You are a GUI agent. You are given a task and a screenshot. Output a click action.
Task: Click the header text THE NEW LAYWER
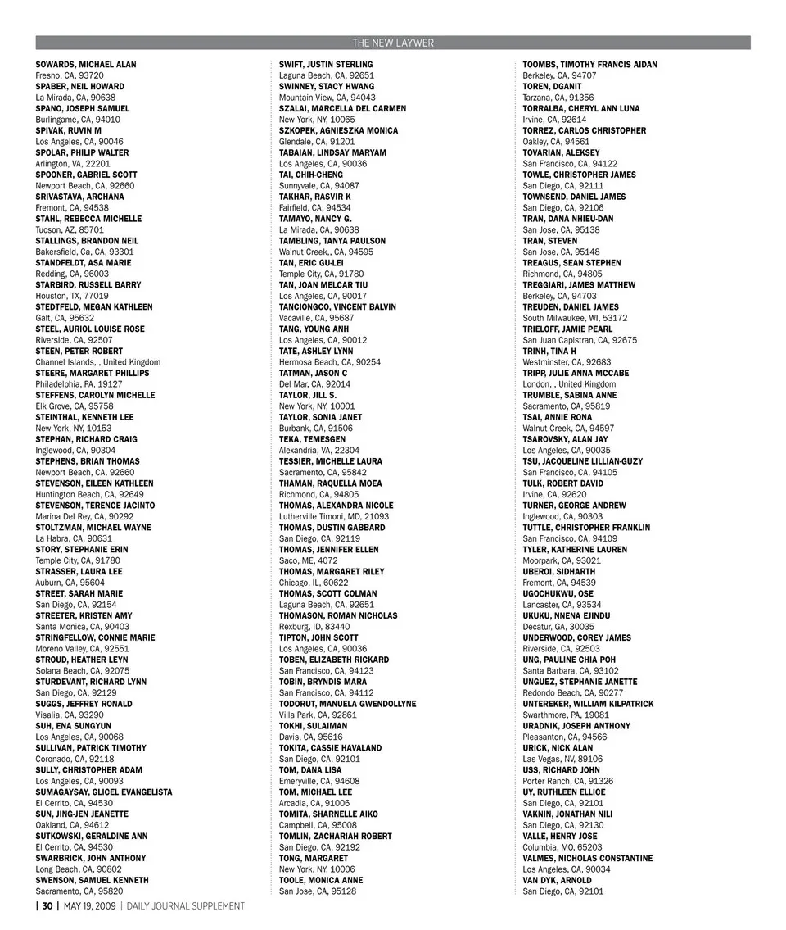point(393,43)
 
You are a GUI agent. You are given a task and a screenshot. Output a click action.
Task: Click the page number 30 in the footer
point(47,905)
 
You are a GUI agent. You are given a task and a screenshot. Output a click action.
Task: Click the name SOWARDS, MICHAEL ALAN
point(86,64)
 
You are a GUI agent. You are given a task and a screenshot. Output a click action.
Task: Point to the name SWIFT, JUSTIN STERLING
point(326,64)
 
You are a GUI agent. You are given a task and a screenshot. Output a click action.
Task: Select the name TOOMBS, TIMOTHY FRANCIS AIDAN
point(589,64)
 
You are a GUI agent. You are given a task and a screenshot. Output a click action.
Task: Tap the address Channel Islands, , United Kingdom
point(98,362)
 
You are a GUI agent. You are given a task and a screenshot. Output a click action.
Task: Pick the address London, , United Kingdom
point(569,384)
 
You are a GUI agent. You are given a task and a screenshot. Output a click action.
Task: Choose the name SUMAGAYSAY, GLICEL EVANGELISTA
point(104,792)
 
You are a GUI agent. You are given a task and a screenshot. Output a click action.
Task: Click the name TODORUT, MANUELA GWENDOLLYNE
point(347,704)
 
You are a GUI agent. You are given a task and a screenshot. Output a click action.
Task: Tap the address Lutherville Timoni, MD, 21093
point(334,516)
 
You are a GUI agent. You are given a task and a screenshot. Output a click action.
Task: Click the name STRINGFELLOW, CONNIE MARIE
point(95,637)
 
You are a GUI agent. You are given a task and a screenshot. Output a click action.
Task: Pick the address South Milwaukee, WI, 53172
point(576,318)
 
